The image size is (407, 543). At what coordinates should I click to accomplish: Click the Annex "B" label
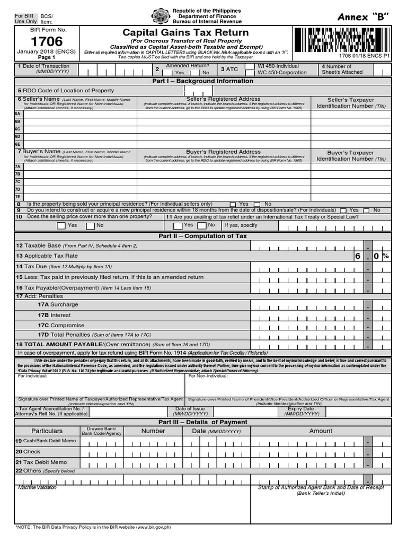(363, 17)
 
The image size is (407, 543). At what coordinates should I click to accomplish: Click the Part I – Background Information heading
(203, 81)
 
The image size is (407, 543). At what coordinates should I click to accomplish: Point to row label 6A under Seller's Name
(18, 113)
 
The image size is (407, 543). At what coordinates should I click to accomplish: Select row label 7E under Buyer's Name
(18, 197)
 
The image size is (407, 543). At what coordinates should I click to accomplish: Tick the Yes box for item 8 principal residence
(233, 204)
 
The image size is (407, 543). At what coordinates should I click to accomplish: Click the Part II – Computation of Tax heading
(203, 236)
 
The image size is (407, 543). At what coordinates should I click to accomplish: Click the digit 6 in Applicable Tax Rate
(358, 256)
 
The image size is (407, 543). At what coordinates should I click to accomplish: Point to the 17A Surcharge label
(58, 305)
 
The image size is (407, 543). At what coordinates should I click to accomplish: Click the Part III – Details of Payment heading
(203, 422)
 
